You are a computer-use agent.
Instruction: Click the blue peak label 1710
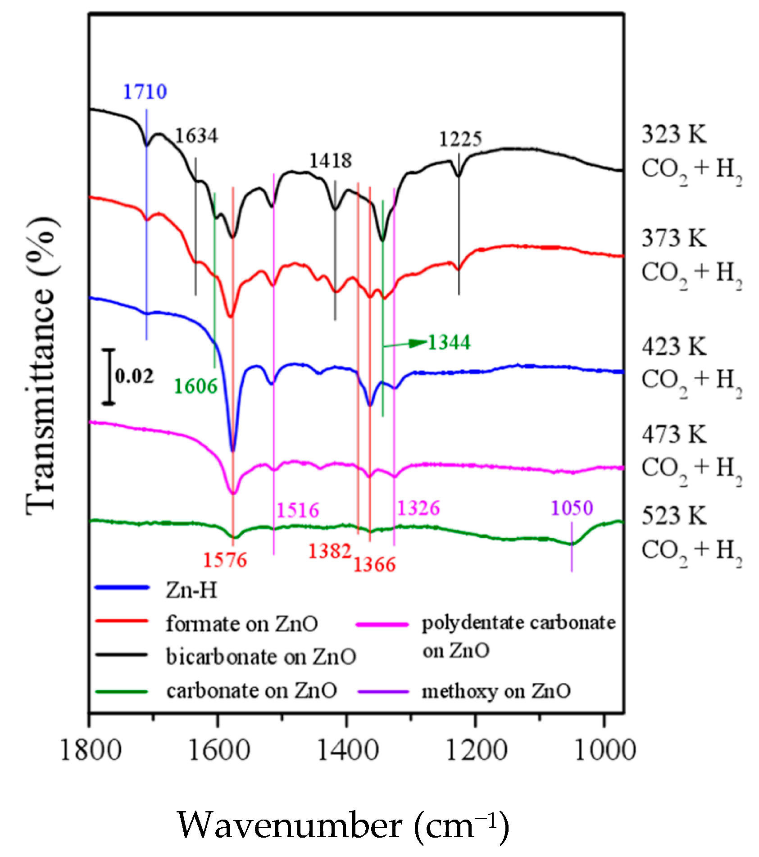pos(145,92)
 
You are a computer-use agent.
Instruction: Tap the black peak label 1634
pos(196,136)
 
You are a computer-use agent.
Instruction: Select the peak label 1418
pos(330,161)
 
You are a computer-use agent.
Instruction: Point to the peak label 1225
pos(460,139)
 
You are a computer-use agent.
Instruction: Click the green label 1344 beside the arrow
pos(449,342)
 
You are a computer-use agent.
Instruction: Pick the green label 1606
pos(195,386)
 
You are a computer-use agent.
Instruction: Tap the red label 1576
pos(225,560)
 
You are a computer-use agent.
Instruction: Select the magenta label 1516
pos(297,510)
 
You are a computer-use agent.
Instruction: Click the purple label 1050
pos(572,508)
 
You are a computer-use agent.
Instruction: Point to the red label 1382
pos(329,551)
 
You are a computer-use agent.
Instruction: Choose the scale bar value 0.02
pos(134,376)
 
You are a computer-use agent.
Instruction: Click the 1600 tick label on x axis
pos(218,751)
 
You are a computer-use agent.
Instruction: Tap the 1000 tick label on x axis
pos(604,751)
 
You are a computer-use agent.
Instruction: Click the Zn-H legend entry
pos(191,590)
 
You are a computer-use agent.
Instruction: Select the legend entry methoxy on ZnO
pos(495,691)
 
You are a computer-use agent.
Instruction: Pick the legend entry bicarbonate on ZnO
pos(260,657)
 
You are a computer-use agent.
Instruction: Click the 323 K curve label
pos(674,134)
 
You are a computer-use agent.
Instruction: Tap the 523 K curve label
pos(674,516)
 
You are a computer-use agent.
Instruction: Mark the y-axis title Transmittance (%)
pos(41,365)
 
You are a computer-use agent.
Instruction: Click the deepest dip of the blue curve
pos(232,449)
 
